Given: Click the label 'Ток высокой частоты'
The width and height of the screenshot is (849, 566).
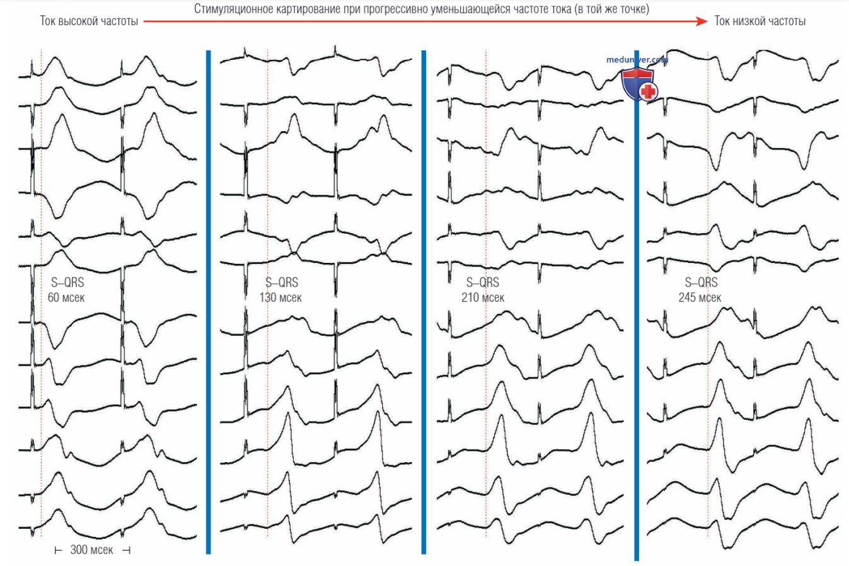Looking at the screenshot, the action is tap(89, 21).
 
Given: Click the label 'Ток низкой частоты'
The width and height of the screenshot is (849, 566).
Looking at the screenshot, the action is tap(760, 21).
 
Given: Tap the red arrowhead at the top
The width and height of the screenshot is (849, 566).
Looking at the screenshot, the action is tap(702, 21).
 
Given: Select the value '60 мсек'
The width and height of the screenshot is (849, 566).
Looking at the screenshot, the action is tap(66, 297).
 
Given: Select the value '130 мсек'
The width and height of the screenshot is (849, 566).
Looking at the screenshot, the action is tap(280, 297).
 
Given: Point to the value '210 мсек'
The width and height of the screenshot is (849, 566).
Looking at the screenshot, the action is tap(483, 297).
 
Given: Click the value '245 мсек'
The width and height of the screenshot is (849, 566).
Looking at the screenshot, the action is tap(700, 297).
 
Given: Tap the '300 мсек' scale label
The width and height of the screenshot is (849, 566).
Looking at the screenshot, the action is tap(92, 550).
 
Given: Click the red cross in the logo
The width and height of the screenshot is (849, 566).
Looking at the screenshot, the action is tap(648, 91).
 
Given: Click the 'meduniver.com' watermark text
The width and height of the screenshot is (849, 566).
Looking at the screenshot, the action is tap(637, 59).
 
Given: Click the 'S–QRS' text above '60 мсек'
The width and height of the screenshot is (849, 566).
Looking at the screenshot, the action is tap(67, 282).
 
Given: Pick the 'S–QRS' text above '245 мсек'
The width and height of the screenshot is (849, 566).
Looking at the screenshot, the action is tap(701, 282).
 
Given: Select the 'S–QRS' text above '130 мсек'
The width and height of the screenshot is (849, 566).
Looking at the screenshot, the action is tap(282, 282).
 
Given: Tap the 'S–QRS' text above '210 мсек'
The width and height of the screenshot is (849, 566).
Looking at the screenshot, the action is tap(483, 282).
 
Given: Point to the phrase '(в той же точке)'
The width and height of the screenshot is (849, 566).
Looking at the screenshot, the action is tap(612, 9).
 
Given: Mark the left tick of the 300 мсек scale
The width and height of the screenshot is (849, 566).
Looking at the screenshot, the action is tap(58, 550).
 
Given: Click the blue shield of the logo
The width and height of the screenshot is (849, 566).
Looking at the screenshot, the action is tap(638, 83).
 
